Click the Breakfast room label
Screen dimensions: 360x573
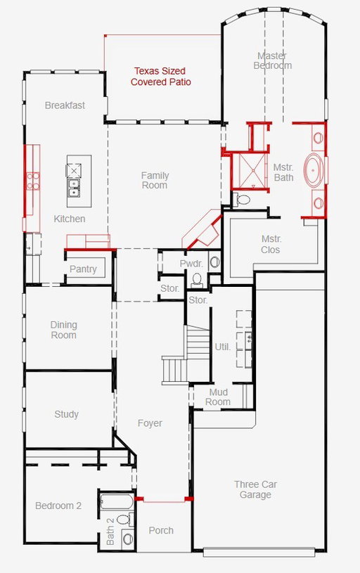[65, 105]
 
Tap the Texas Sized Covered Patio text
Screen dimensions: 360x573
[161, 77]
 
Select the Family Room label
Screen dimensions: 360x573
[155, 180]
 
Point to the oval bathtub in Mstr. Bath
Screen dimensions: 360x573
[314, 171]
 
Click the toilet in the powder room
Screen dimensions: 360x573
[197, 280]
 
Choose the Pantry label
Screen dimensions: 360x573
[83, 269]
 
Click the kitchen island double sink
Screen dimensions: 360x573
[74, 188]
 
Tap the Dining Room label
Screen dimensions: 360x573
[63, 330]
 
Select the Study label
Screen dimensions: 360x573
[67, 414]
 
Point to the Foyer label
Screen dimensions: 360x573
[150, 423]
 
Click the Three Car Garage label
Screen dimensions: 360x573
[255, 489]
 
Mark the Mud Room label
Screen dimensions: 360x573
[218, 397]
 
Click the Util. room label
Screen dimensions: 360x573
[223, 347]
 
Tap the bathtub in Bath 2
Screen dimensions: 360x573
[116, 501]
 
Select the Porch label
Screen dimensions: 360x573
[161, 530]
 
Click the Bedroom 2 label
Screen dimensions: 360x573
[58, 506]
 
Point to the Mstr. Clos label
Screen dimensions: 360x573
[271, 244]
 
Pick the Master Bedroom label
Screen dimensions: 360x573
[273, 60]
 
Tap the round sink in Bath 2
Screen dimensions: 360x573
[128, 539]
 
